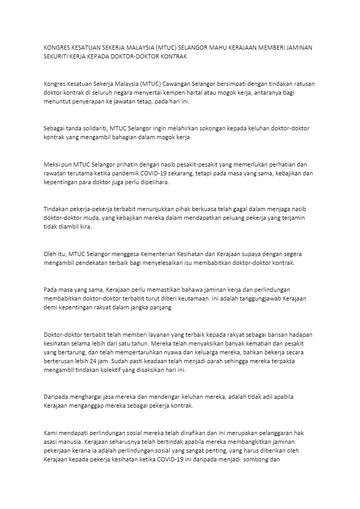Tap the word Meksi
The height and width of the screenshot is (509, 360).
click(53, 164)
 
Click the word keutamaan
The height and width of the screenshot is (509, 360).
click(197, 298)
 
